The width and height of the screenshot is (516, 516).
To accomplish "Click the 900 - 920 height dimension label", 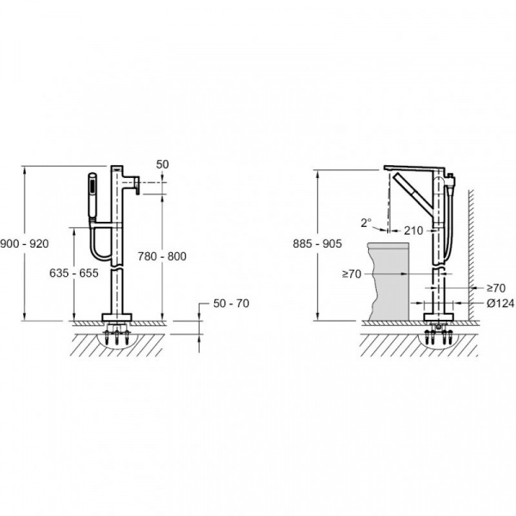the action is pyautogui.click(x=24, y=244).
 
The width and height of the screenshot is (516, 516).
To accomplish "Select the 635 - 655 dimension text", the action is pyautogui.click(x=74, y=273).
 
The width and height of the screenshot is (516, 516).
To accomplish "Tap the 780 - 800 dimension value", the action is pyautogui.click(x=162, y=256).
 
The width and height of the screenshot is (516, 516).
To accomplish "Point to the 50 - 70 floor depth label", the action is pyautogui.click(x=231, y=304).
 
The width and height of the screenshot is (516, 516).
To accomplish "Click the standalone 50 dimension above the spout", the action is pyautogui.click(x=163, y=164).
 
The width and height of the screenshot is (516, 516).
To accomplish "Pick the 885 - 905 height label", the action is pyautogui.click(x=317, y=244).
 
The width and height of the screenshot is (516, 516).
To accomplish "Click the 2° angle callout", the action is pyautogui.click(x=366, y=223).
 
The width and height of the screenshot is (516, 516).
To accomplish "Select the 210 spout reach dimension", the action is pyautogui.click(x=414, y=230).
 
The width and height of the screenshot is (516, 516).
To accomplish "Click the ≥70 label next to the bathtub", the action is pyautogui.click(x=352, y=273).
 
